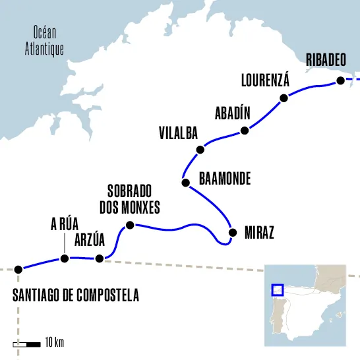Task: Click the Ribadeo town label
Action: [326, 61]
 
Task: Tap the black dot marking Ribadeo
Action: [340, 80]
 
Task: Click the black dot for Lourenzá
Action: [284, 98]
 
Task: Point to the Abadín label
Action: [233, 113]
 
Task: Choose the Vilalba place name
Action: [178, 133]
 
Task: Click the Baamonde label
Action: [225, 179]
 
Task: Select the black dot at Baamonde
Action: [185, 181]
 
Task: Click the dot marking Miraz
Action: [231, 232]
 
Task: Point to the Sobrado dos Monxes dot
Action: [130, 225]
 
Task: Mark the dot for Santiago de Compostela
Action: [18, 269]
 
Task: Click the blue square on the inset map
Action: [278, 289]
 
